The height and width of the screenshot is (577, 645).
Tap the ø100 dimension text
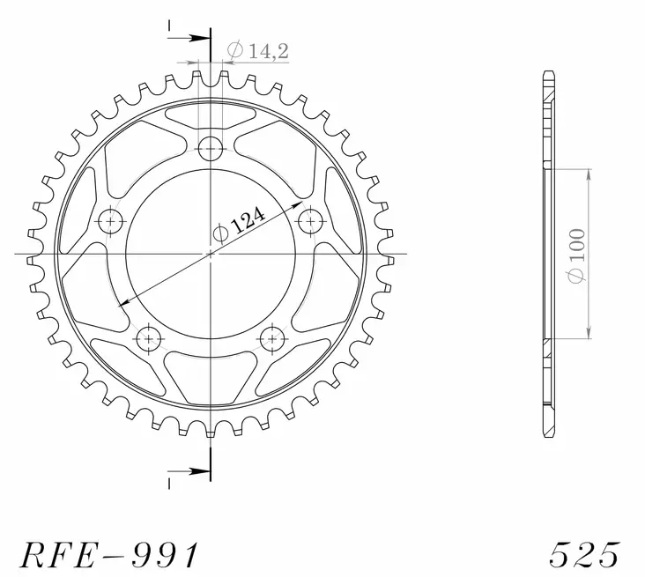click(x=578, y=255)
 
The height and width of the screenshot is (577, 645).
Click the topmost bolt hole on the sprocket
click(x=211, y=148)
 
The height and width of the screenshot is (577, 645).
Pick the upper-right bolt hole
click(x=310, y=218)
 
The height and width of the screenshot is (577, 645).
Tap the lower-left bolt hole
click(x=148, y=337)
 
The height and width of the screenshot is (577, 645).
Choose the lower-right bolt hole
click(x=272, y=337)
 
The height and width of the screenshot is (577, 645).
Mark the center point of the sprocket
click(x=211, y=255)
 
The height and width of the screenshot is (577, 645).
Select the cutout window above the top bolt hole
click(x=211, y=112)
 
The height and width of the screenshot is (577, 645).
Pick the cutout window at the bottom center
click(x=211, y=374)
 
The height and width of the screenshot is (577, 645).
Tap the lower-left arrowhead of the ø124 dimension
click(x=124, y=303)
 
